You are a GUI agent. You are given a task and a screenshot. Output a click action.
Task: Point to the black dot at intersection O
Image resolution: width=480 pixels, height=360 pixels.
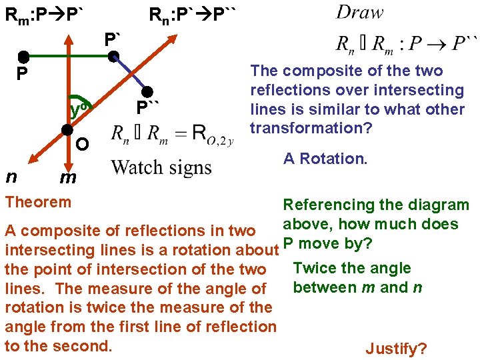[x=67, y=130]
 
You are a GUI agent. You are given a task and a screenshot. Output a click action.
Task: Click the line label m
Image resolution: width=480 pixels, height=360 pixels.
[x=67, y=179]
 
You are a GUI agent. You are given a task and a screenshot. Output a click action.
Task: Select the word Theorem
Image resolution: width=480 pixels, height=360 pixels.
[x=38, y=201]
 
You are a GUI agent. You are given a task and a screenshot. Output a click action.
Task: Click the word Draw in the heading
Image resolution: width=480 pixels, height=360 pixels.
[x=360, y=12]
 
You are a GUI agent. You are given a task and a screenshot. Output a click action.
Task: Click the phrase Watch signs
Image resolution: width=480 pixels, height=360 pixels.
[x=161, y=167]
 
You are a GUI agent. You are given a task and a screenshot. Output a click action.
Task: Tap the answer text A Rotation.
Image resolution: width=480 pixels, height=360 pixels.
[x=325, y=159]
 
